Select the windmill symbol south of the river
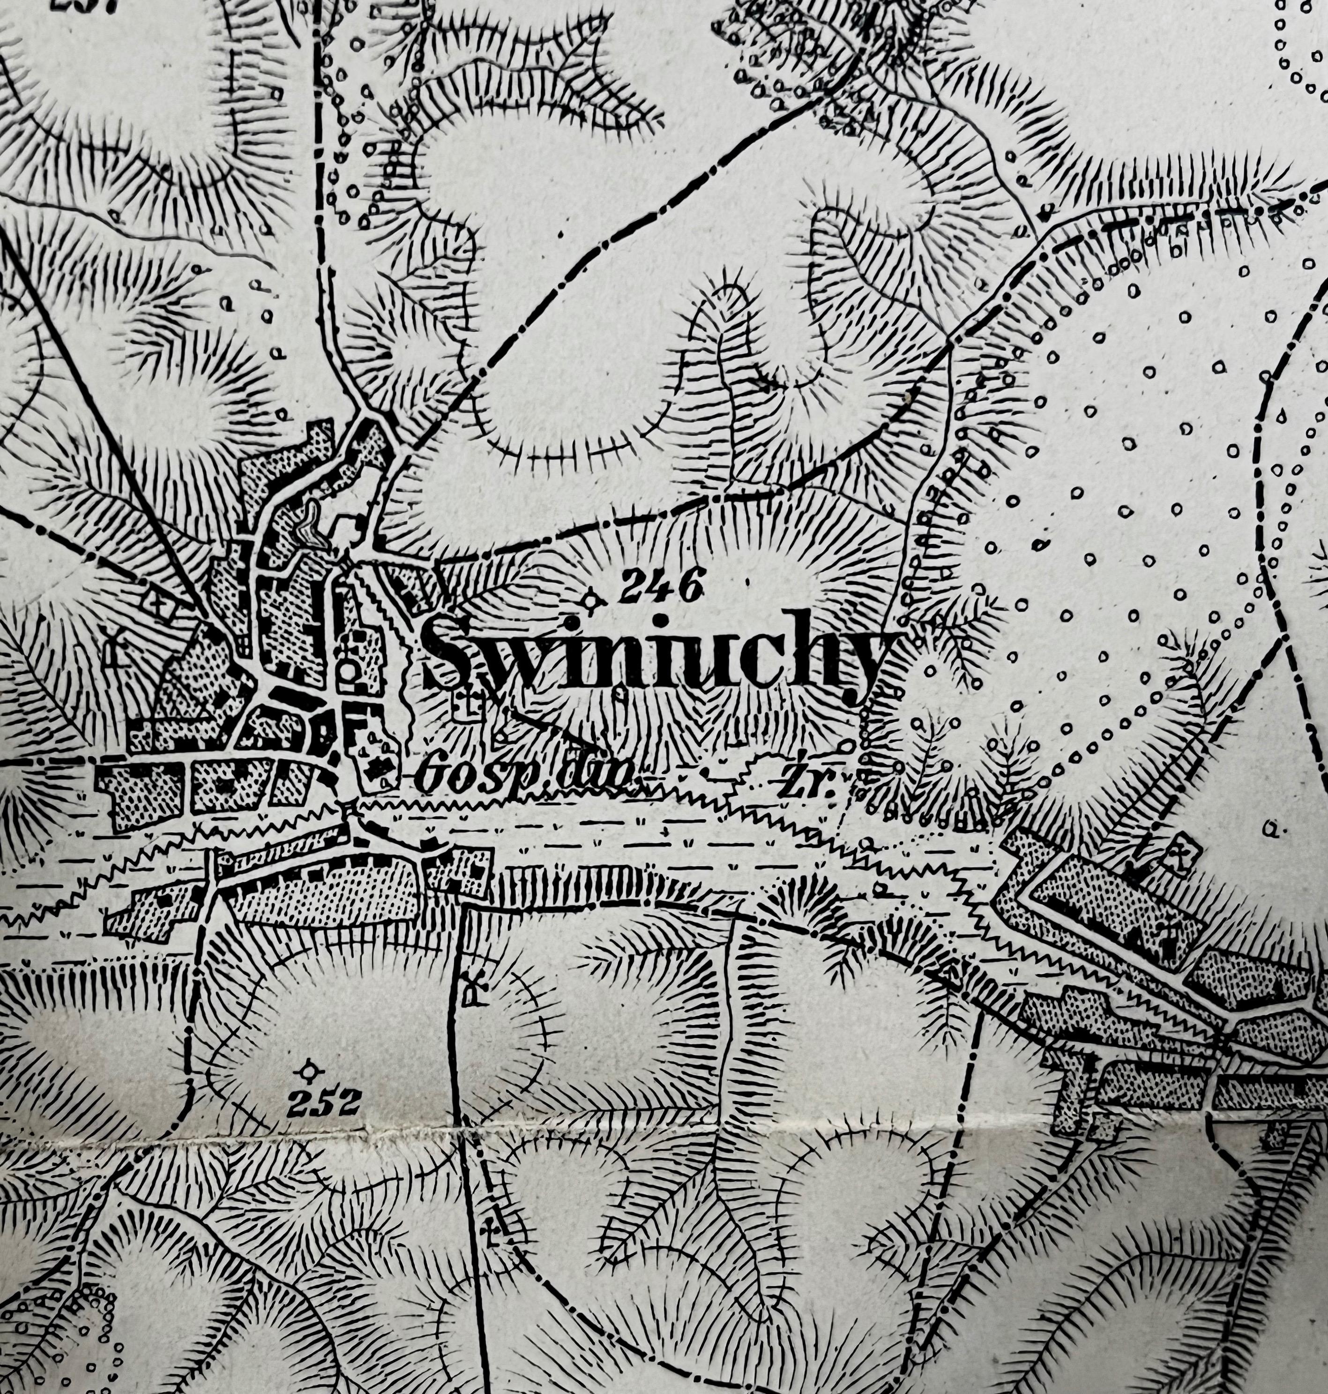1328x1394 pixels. click(470, 990)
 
